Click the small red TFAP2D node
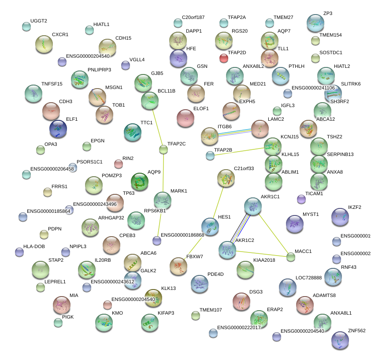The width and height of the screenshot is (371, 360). point(224,58)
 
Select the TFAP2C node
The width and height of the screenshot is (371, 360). point(163,150)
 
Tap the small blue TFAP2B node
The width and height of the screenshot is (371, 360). point(210,155)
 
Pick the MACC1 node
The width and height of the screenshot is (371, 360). point(290,257)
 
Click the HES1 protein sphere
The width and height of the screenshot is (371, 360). point(210,226)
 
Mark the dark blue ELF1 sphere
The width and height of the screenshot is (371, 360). point(58,129)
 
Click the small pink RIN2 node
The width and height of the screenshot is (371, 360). point(118,164)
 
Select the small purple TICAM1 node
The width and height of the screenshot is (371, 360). point(301,200)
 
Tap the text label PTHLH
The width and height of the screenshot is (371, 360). point(296,66)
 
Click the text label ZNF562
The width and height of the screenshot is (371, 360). point(356,330)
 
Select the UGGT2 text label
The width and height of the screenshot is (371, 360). point(38,21)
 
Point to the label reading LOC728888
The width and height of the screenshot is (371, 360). point(309,278)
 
